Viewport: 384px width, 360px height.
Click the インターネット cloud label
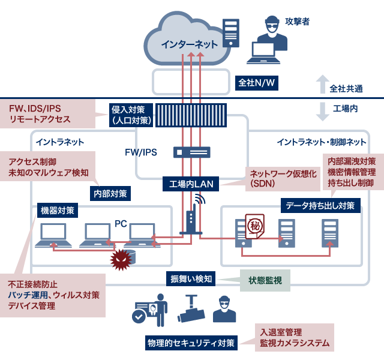click(x=189, y=44)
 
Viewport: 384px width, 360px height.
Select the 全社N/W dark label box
click(x=257, y=82)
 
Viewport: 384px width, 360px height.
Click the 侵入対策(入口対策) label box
click(x=130, y=115)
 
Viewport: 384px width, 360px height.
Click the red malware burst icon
click(x=123, y=259)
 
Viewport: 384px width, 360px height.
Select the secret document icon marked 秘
click(x=254, y=226)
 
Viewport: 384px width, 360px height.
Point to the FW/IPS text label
click(x=141, y=152)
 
